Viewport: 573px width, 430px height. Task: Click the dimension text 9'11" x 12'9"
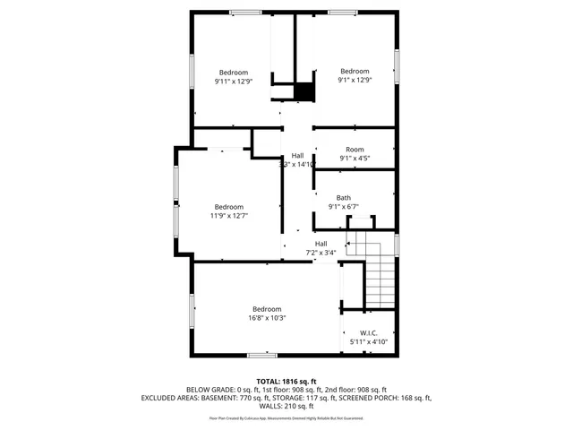pyautogui.click(x=234, y=82)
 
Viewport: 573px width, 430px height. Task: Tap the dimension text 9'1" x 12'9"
pyautogui.click(x=355, y=81)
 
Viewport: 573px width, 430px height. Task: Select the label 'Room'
pyautogui.click(x=355, y=150)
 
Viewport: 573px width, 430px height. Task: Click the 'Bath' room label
pyautogui.click(x=344, y=198)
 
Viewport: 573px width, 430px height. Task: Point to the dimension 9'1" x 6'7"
pyautogui.click(x=344, y=207)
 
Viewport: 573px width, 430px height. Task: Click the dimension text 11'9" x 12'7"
pyautogui.click(x=229, y=215)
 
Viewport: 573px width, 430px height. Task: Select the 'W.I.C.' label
pyautogui.click(x=369, y=332)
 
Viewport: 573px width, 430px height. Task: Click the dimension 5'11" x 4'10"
pyautogui.click(x=369, y=341)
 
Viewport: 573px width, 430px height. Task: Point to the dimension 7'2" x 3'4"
pyautogui.click(x=321, y=253)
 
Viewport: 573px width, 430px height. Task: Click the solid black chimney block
pyautogui.click(x=305, y=91)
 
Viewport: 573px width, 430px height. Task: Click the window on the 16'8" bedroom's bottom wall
pyautogui.click(x=261, y=355)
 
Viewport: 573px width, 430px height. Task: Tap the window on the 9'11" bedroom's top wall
pyautogui.click(x=244, y=12)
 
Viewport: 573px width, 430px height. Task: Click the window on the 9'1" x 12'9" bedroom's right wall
pyautogui.click(x=397, y=67)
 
